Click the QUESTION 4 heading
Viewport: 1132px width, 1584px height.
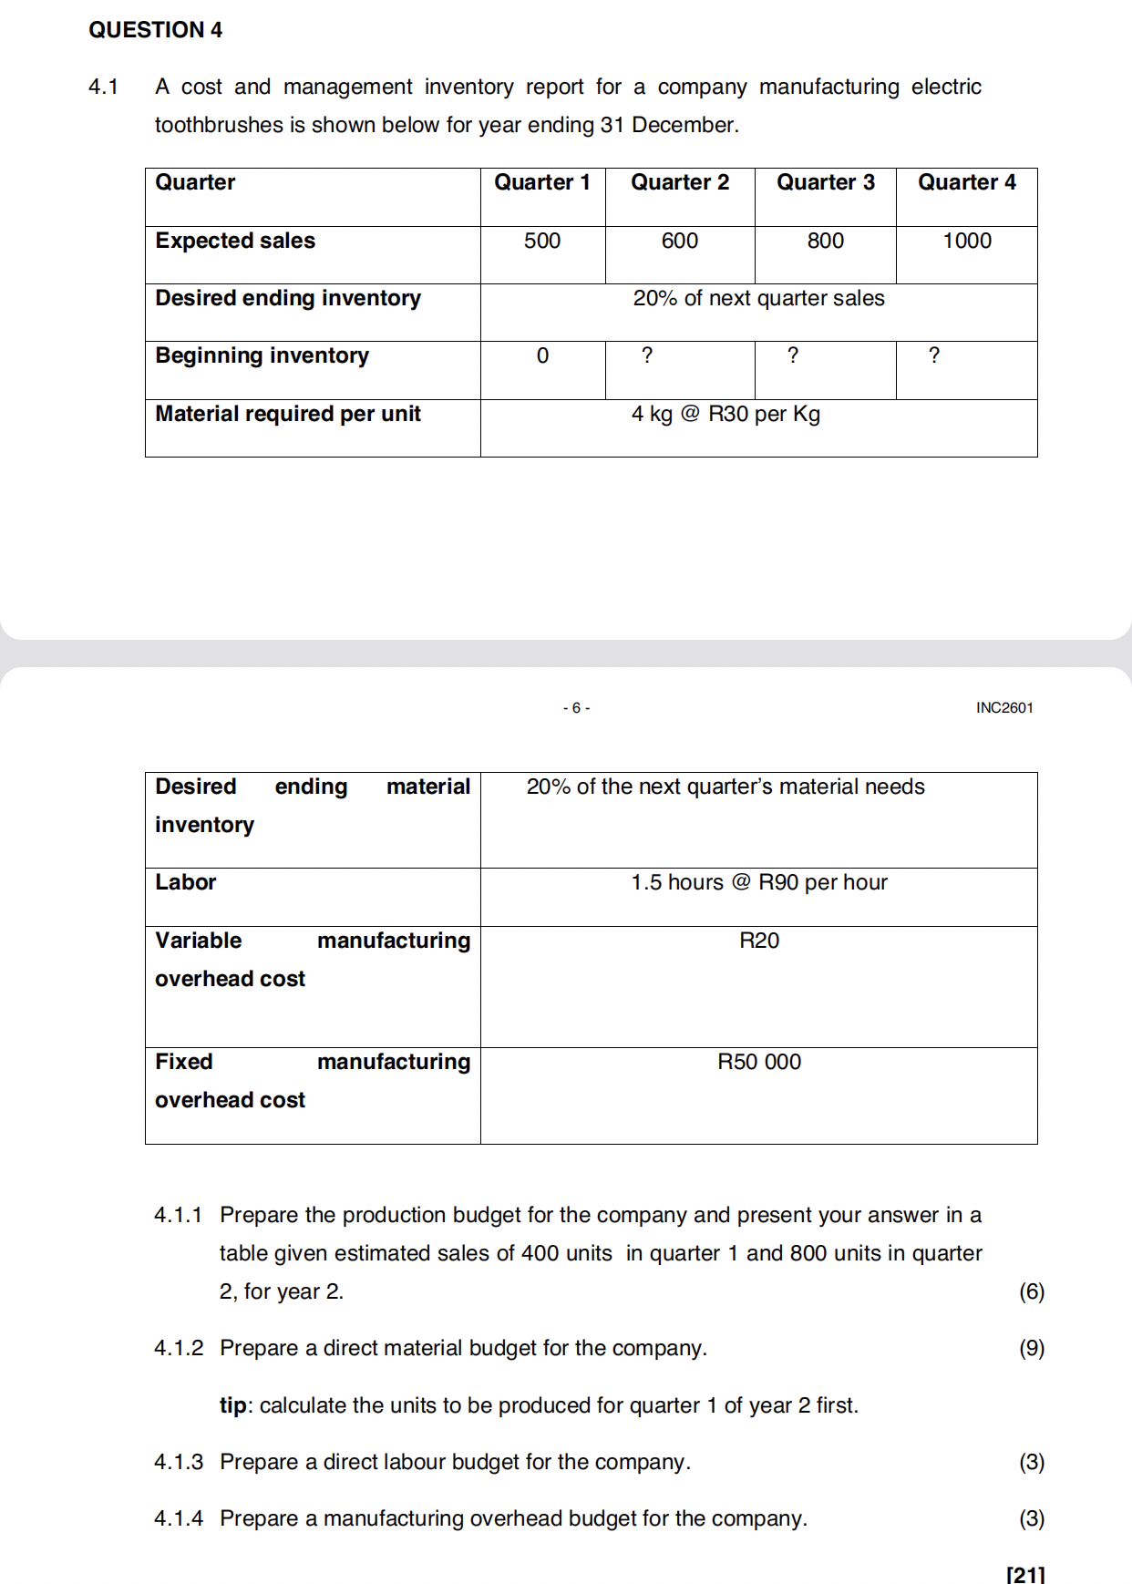155,30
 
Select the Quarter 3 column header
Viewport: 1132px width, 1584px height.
825,182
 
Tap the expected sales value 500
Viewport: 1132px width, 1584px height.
541,241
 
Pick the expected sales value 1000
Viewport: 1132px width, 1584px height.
966,241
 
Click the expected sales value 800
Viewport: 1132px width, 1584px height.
825,241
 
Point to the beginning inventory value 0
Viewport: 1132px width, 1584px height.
542,356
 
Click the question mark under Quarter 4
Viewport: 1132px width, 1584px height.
933,355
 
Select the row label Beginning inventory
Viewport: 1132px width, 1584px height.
262,355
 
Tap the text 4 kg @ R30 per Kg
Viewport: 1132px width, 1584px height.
726,415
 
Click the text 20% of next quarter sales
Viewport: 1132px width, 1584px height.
758,298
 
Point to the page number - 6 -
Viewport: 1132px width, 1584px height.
576,707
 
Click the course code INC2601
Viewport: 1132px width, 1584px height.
1003,707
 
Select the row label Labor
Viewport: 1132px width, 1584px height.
185,882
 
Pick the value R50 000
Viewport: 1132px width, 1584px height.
758,1062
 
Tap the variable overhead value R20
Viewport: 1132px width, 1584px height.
758,941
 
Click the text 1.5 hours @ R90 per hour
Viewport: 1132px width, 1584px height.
758,882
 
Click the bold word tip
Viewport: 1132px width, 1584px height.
232,1405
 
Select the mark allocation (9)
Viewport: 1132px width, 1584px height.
1031,1348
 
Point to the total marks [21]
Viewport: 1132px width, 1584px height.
1025,1574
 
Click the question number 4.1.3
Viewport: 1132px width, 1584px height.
179,1462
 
